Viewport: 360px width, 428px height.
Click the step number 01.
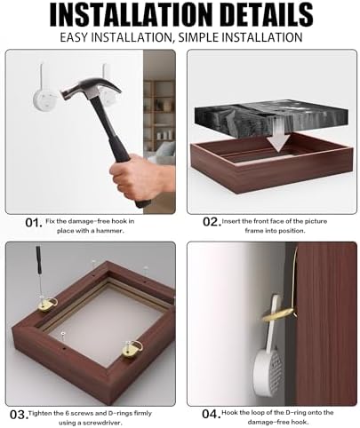(34, 223)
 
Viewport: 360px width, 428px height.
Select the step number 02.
(212, 222)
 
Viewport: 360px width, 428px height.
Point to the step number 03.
(20, 415)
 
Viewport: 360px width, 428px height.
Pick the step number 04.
(212, 414)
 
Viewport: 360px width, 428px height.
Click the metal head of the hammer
(92, 90)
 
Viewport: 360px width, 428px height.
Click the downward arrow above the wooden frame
(278, 135)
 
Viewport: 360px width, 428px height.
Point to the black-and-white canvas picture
(271, 122)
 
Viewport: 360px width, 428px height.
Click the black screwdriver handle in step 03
(38, 258)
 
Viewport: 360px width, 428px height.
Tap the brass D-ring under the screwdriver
(47, 305)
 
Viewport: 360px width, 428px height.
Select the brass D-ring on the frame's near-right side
(132, 349)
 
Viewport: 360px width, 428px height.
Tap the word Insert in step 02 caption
(231, 221)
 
